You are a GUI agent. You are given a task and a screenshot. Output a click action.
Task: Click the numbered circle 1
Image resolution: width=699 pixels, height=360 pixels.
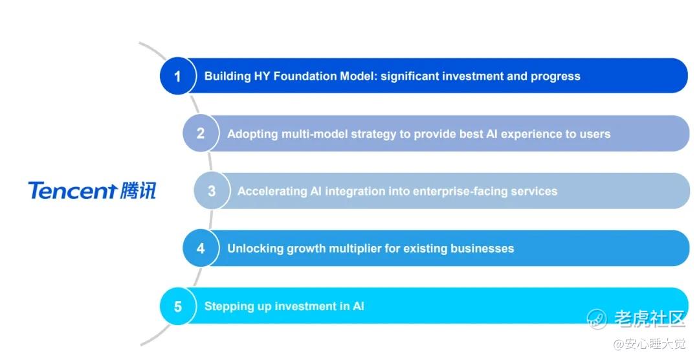tap(177, 76)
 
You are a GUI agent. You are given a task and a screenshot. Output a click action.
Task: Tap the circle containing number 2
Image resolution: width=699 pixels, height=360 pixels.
tap(201, 133)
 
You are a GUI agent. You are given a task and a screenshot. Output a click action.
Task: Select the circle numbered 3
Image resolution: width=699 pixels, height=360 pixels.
tap(212, 190)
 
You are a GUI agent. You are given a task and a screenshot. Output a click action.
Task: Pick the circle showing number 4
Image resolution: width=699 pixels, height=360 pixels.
tap(201, 248)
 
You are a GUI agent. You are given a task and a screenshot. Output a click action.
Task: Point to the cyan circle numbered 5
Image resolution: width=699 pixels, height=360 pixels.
tap(177, 306)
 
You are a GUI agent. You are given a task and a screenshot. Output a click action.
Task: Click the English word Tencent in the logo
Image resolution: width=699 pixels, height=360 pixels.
tap(72, 190)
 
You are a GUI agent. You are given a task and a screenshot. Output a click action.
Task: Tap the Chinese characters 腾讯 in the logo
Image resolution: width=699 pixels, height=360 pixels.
tap(139, 190)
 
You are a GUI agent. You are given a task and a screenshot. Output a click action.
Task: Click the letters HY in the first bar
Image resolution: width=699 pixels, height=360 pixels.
tap(261, 76)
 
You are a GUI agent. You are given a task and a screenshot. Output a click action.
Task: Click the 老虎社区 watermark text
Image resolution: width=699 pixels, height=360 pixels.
tap(649, 319)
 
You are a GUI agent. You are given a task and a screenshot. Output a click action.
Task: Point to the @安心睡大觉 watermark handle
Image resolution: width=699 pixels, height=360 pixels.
tap(649, 344)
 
